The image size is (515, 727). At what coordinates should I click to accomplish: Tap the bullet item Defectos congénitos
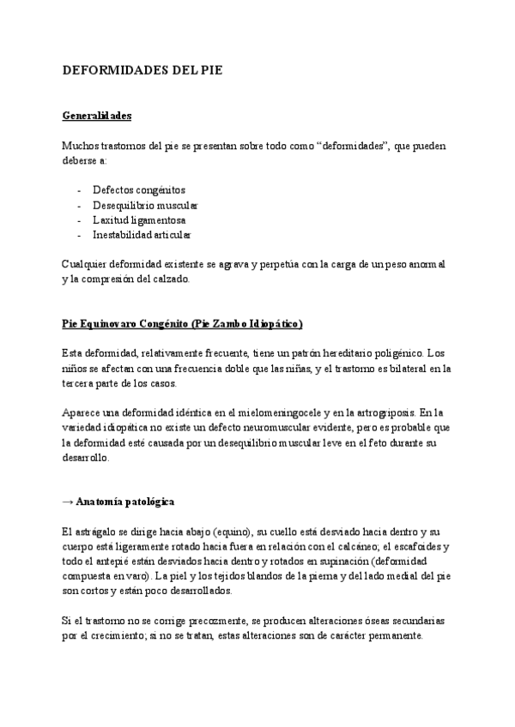[139, 189]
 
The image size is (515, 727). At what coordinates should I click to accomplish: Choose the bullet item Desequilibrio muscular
[145, 205]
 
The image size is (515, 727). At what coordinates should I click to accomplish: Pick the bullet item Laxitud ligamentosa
[139, 219]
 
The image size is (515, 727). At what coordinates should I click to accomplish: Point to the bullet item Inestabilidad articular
[142, 234]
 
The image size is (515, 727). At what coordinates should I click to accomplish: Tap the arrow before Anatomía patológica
[68, 501]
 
